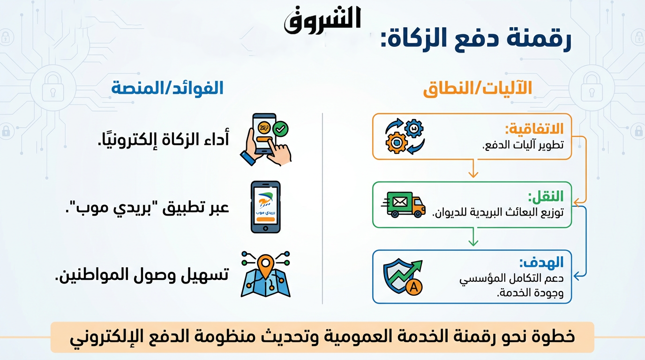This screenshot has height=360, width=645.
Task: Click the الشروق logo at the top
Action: (x=322, y=20)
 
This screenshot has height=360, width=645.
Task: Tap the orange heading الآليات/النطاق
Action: (x=477, y=88)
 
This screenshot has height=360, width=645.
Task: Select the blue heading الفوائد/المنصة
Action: (x=167, y=88)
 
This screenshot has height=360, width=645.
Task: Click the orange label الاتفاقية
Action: (x=534, y=128)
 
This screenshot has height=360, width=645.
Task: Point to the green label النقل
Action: (x=546, y=196)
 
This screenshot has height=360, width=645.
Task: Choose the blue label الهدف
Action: (x=541, y=262)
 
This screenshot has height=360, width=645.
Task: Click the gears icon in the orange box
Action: (x=405, y=136)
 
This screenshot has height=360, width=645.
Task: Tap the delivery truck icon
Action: (x=403, y=205)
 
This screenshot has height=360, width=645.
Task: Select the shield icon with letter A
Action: (x=403, y=277)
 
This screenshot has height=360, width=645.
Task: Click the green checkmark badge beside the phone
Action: (x=280, y=129)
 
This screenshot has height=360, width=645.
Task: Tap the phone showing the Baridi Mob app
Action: (x=265, y=207)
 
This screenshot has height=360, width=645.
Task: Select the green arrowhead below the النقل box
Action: (x=473, y=242)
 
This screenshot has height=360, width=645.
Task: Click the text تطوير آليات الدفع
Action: (x=523, y=145)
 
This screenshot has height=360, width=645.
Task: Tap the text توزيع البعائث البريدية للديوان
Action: (x=498, y=212)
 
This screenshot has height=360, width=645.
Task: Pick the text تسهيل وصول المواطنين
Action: (x=142, y=275)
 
